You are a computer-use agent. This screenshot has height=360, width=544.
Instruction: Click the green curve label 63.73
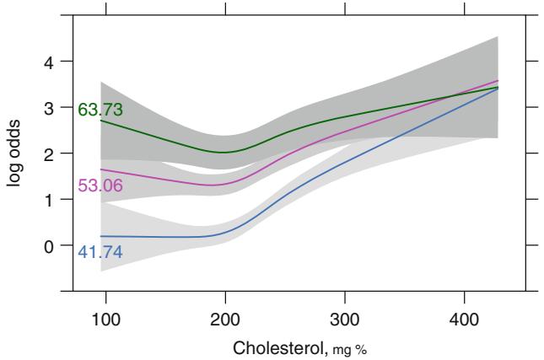pos(101,110)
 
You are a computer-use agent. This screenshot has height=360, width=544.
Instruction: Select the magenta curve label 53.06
pos(101,186)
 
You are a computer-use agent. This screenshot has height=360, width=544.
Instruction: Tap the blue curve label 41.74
pos(100,250)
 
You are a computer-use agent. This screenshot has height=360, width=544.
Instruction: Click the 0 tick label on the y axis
pos(49,246)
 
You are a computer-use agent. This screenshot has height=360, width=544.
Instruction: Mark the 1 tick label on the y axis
pos(49,200)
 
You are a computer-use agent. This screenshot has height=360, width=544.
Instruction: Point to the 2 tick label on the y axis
pos(49,153)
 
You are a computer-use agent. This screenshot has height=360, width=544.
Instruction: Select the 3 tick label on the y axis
pos(49,108)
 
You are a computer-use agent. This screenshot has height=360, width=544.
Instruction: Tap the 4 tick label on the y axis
pos(49,62)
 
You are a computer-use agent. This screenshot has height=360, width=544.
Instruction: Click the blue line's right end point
pos(498,88)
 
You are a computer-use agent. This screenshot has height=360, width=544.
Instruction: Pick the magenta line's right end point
pos(498,81)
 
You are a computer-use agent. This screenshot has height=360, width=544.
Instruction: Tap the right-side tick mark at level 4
pos(531,62)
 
